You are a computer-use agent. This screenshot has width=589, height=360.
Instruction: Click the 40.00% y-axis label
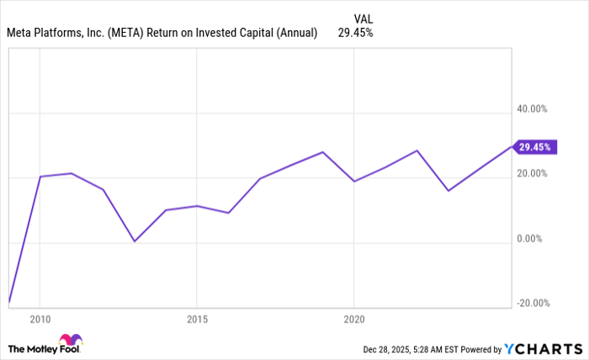click(x=532, y=109)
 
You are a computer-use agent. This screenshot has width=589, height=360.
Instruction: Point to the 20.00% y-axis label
click(x=532, y=174)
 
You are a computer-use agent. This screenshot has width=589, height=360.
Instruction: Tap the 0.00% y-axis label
click(x=534, y=239)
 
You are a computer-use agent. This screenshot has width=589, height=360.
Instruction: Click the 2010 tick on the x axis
click(x=40, y=320)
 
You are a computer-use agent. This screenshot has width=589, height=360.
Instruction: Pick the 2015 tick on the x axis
click(x=196, y=320)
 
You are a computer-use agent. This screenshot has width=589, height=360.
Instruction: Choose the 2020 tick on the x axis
click(x=353, y=320)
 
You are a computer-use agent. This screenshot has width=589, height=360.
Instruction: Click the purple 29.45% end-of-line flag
click(x=533, y=147)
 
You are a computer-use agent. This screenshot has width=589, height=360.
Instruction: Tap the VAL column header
click(x=363, y=18)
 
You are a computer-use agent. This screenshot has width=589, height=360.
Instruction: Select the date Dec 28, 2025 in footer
click(x=386, y=348)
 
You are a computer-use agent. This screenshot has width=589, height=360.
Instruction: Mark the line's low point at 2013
click(x=134, y=241)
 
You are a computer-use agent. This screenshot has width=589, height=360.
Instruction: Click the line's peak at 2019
click(x=322, y=152)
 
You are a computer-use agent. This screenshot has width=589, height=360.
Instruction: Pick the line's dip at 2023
click(x=448, y=191)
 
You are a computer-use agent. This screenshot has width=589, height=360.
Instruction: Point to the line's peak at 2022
click(x=417, y=151)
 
